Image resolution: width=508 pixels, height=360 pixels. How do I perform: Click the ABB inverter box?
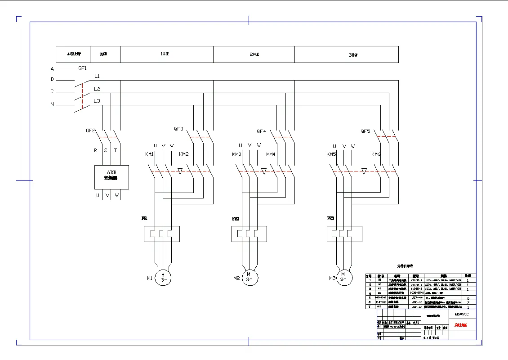click(111, 177)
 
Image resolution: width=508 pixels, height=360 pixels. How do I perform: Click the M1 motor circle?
click(163, 277)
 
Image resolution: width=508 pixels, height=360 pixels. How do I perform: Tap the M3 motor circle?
click(343, 276)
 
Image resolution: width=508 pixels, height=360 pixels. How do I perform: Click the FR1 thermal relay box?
click(162, 234)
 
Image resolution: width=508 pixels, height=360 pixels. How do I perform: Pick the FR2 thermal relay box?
click(249, 234)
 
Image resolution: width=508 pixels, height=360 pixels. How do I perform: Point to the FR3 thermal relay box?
click(344, 234)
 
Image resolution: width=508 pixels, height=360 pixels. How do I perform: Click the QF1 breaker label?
click(82, 68)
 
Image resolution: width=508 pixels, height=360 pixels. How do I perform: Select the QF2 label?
click(91, 130)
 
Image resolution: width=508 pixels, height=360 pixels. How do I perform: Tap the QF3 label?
click(178, 129)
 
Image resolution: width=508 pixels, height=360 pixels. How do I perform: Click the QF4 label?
click(261, 131)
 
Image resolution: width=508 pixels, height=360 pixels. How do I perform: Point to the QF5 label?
click(365, 131)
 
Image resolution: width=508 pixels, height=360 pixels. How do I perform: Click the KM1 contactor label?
click(149, 154)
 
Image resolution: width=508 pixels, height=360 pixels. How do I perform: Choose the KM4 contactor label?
click(271, 154)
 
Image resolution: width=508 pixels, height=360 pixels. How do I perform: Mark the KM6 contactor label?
click(376, 154)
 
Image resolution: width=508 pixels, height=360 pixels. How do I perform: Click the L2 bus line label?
click(97, 89)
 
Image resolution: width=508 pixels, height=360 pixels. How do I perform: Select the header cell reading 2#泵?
click(254, 54)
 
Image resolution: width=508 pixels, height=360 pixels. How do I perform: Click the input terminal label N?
click(52, 104)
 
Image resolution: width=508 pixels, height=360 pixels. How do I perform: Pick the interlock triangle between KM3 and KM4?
click(264, 171)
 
